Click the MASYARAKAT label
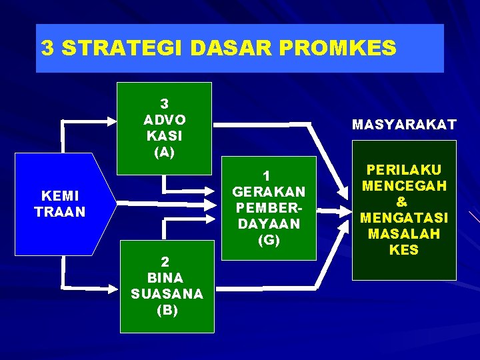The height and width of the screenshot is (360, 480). [x=404, y=125]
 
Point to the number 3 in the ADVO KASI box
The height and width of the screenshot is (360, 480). [x=164, y=103]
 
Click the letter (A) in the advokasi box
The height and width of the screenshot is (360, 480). [x=164, y=152]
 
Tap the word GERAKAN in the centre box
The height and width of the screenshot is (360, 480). [x=268, y=192]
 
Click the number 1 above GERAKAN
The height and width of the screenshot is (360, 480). [x=267, y=176]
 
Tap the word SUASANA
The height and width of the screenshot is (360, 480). [x=167, y=294]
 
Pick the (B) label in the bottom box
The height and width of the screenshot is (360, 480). [x=167, y=310]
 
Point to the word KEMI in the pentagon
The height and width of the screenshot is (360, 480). [x=60, y=196]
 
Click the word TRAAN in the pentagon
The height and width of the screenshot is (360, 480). [x=60, y=212]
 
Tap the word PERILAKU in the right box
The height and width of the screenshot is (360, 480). [x=404, y=171]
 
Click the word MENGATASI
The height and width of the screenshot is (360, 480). [x=404, y=218]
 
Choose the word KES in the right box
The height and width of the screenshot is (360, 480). [x=404, y=250]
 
